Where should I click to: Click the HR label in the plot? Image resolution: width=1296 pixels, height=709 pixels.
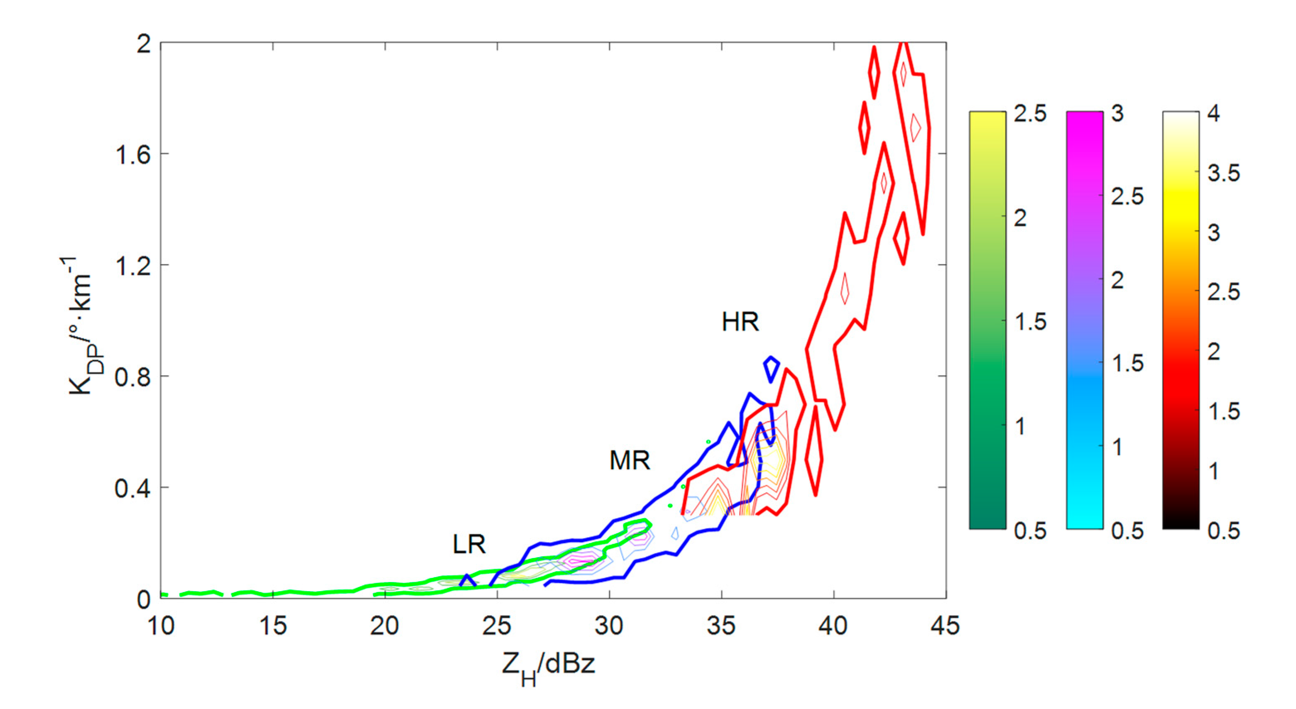coord(740,322)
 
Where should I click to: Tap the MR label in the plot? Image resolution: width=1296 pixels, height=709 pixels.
coord(630,460)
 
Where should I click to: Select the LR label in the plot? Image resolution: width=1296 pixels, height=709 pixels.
coord(469,544)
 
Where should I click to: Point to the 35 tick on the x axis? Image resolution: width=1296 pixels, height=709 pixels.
coord(721,626)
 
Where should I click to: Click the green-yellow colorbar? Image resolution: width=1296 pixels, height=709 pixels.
coord(987,320)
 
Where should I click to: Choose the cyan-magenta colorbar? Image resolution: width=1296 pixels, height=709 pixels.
coord(1084,320)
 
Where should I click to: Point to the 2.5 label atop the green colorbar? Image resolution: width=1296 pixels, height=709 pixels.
coord(1030,114)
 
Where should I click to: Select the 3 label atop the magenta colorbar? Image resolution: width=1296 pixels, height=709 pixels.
coord(1117,114)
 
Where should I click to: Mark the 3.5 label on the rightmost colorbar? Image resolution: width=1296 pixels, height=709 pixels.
coord(1224,174)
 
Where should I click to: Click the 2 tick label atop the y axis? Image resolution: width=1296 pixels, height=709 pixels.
coord(144,45)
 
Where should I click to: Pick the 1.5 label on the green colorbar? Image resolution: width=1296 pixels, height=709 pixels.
coord(1030,322)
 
